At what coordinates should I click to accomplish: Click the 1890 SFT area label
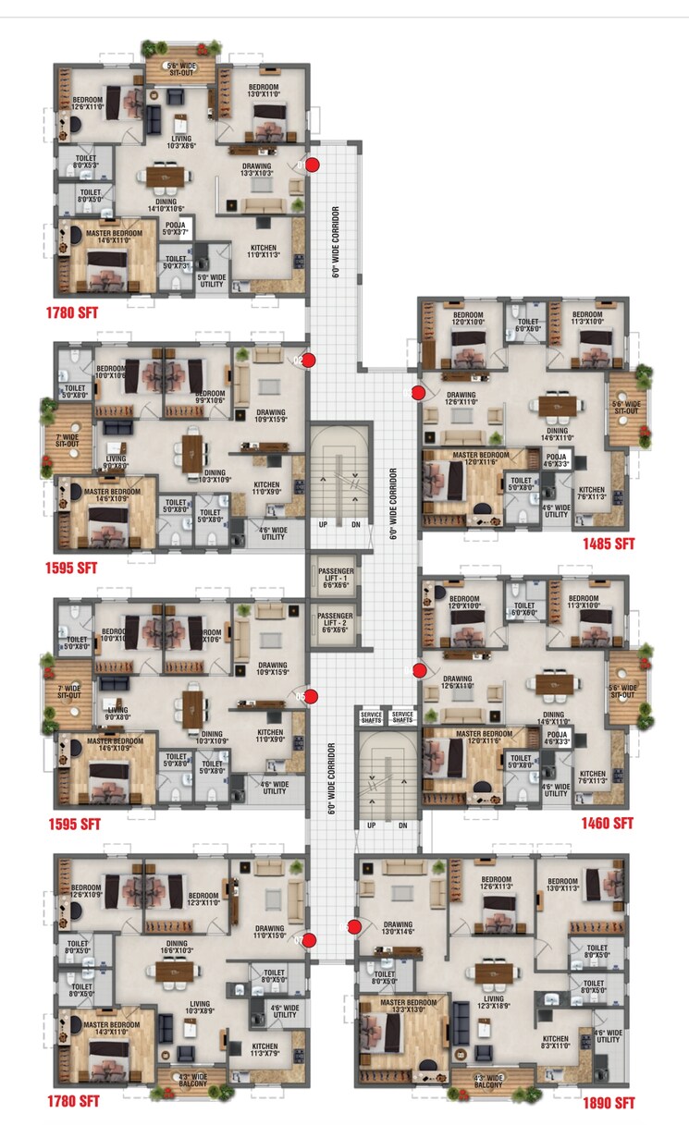tap(608, 1103)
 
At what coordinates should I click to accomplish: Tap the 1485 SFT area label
tap(607, 544)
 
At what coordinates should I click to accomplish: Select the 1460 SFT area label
tap(607, 823)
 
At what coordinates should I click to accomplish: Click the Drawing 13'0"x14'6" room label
tap(398, 928)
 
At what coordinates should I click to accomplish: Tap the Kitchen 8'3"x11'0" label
tap(555, 1043)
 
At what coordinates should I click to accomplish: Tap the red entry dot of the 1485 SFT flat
tap(418, 393)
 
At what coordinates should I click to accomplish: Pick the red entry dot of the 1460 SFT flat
tap(419, 669)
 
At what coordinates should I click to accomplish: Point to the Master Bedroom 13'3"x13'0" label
tap(408, 1006)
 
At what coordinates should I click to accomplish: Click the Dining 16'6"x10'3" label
tap(177, 948)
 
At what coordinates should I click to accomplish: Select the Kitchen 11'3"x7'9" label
tap(265, 1050)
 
